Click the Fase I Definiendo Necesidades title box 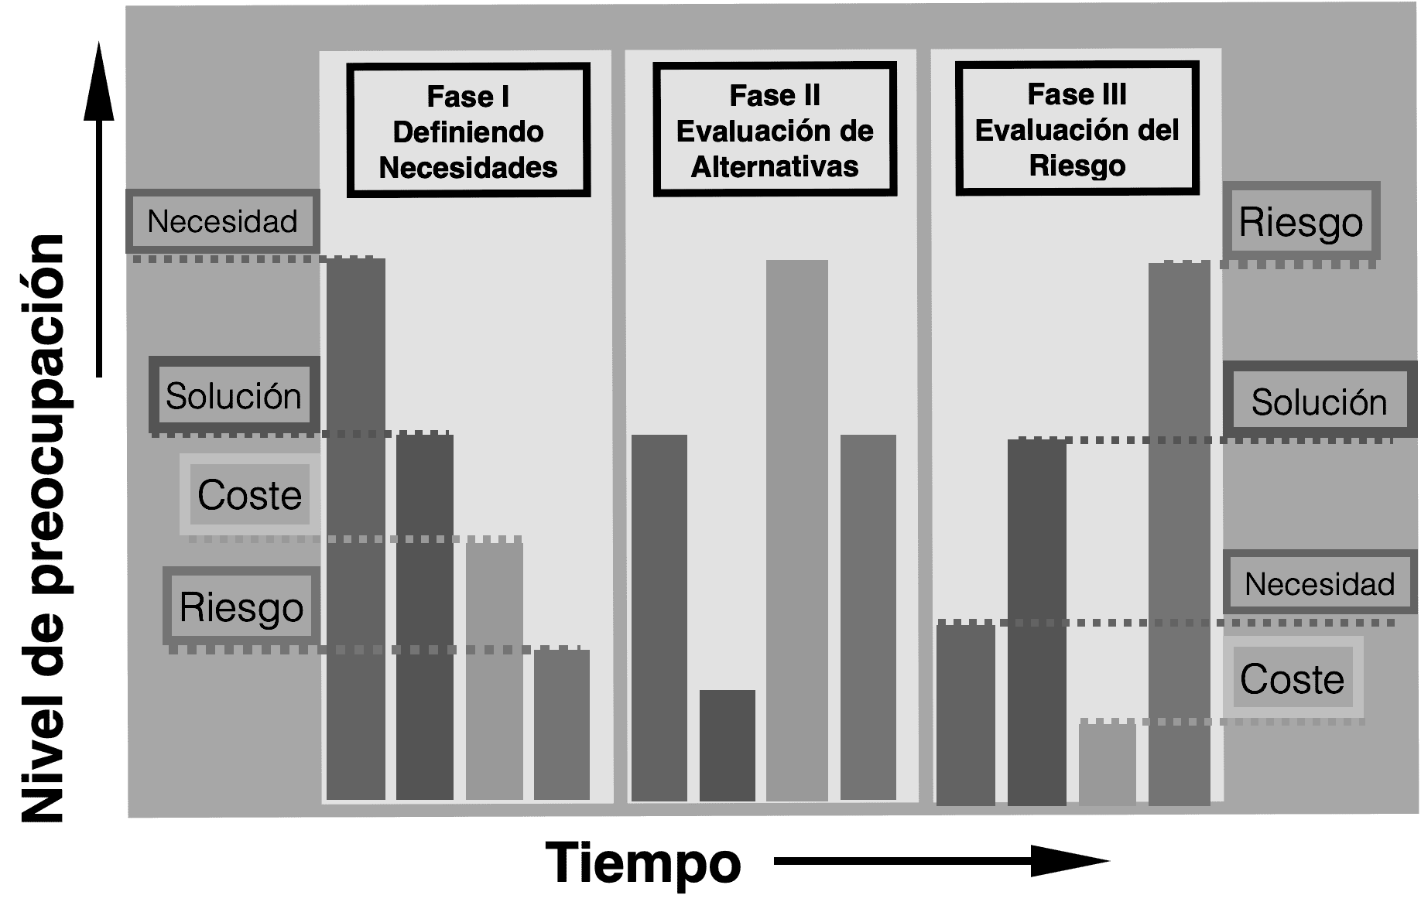pos(468,130)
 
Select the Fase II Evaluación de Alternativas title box pos(775,129)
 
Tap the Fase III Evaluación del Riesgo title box pos(1077,128)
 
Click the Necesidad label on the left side pos(222,221)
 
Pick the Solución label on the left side pos(234,395)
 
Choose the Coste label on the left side pos(249,494)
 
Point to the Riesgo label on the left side pos(241,606)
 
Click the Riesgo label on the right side pos(1300,222)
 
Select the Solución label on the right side pos(1318,402)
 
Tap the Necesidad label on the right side pos(1319,583)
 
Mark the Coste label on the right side pos(1292,679)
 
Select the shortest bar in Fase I pos(561,724)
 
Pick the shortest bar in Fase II pos(727,745)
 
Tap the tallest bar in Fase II pos(796,530)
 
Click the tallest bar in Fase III pos(1179,534)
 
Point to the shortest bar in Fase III pos(1107,764)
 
